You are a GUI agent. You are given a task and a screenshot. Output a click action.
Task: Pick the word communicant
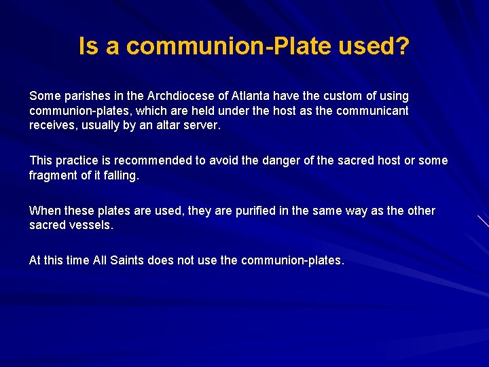point(378,110)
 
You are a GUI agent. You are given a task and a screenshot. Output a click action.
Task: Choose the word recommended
point(156,160)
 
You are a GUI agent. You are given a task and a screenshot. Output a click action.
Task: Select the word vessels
point(91,225)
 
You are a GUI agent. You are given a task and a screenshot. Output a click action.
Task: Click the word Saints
point(126,260)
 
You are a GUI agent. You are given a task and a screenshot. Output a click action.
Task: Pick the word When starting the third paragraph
point(45,211)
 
